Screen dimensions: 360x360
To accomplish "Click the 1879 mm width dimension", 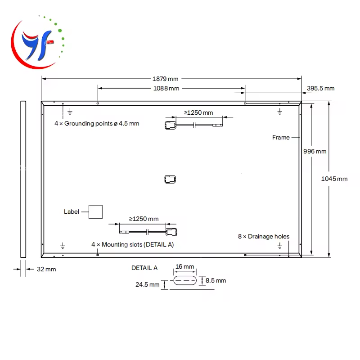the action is tap(166, 79).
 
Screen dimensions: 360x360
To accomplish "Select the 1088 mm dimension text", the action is tap(166, 89).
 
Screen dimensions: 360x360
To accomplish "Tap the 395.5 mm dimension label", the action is tap(321, 89).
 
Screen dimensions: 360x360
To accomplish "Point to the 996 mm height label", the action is tap(315, 152).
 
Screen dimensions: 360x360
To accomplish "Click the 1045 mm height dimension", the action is tap(334, 179).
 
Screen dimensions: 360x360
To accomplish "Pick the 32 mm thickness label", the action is tap(46, 270).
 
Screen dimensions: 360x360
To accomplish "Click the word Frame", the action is tap(281, 137).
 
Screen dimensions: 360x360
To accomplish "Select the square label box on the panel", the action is tap(95, 211).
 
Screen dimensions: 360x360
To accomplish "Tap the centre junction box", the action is tap(170, 179).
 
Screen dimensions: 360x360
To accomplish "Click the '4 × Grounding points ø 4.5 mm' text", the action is tap(97, 123).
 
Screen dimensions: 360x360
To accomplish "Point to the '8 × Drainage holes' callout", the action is tap(264, 236).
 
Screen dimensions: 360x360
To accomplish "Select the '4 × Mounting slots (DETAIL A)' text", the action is tap(132, 244).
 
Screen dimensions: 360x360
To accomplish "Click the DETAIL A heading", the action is tap(144, 268).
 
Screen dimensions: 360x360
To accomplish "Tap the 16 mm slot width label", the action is tap(184, 267).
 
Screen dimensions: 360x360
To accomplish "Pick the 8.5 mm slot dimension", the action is tap(216, 280).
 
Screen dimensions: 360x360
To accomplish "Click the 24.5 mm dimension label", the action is tap(148, 284).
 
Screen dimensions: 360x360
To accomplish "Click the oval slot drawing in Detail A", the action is tap(184, 280).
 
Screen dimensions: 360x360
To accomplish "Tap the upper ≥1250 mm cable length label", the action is tap(198, 113).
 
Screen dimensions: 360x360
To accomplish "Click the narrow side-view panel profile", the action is tap(23, 179).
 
